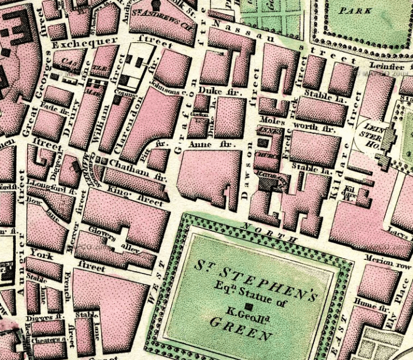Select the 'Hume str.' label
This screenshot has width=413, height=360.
coord(369,306)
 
